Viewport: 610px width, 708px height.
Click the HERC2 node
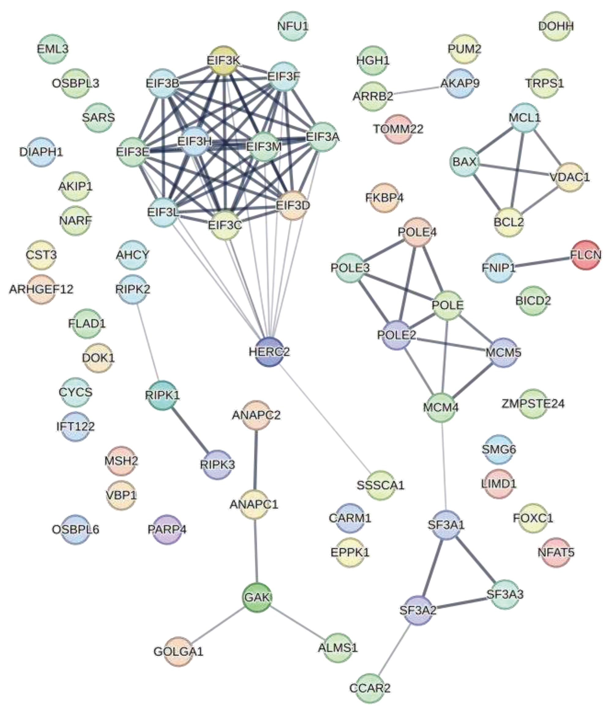[x=269, y=352]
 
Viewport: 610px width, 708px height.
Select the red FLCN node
[x=586, y=255]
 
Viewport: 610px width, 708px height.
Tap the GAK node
[x=257, y=597]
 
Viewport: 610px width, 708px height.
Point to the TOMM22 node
[x=398, y=129]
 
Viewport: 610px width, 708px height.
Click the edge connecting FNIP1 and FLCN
[x=542, y=261]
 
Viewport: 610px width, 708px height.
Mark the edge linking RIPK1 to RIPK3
[x=190, y=430]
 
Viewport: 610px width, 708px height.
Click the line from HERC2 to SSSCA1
[x=325, y=418]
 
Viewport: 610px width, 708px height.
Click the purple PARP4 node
[x=167, y=530]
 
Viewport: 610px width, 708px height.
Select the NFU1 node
[x=293, y=26]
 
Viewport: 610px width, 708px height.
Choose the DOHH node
[x=556, y=26]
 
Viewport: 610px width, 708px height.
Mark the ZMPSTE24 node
[x=533, y=404]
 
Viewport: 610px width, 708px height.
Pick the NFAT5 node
[x=556, y=553]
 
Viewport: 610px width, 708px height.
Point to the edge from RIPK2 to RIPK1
[x=148, y=342]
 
